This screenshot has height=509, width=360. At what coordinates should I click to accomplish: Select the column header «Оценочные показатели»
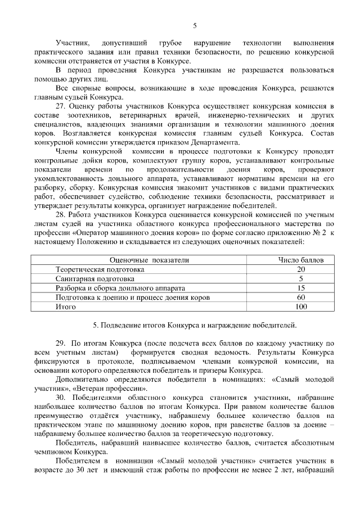click(x=150, y=260)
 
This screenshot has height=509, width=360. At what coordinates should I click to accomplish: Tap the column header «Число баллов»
click(x=301, y=260)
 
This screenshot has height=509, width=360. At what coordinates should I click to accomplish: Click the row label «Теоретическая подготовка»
click(x=100, y=269)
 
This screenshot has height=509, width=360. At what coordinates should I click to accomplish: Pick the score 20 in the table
click(x=301, y=269)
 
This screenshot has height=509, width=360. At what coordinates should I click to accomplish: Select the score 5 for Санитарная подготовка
click(x=301, y=278)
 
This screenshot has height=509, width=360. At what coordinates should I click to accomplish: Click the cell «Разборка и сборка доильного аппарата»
click(x=121, y=287)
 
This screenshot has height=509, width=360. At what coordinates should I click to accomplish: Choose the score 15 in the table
click(x=301, y=287)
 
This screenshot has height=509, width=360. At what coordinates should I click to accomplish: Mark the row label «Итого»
click(x=66, y=306)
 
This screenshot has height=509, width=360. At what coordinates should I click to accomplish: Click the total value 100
click(x=301, y=306)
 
